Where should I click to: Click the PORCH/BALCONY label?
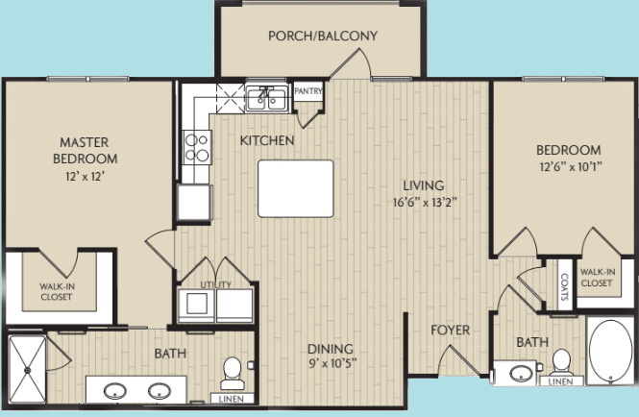tap(322, 37)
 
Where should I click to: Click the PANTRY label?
tap(308, 92)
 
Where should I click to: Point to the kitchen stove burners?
tap(197, 147)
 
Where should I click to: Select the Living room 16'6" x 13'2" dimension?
tap(422, 203)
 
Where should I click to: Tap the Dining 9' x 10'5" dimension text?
tap(330, 365)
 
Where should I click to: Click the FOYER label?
tap(450, 331)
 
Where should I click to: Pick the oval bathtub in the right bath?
tap(609, 355)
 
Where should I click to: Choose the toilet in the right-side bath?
tap(561, 364)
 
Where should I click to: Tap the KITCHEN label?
tap(267, 140)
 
